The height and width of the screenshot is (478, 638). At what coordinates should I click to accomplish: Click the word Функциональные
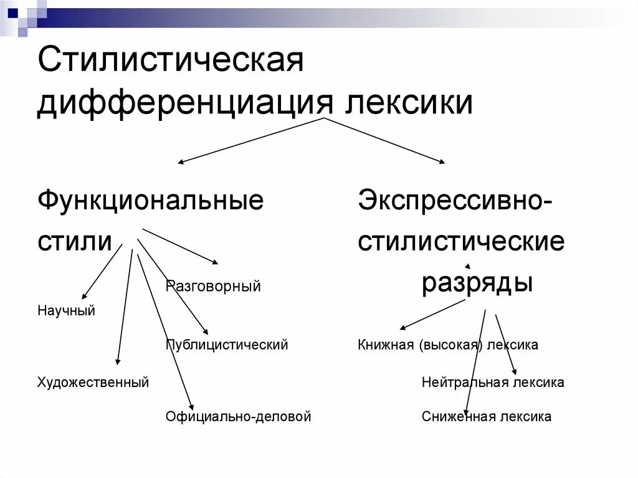pos(150,201)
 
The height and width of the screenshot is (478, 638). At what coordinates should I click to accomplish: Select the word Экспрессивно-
pos(454,201)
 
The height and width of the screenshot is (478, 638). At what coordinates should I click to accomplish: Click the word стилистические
pos(461,241)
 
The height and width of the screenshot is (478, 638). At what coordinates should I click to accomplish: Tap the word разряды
pos(477,283)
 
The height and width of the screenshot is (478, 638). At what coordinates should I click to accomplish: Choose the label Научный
pos(66,310)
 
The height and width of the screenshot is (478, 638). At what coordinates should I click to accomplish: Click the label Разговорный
pos(213,287)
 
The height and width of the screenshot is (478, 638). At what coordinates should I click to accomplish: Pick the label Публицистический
pos(227,345)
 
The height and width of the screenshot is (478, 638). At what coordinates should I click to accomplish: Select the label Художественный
pos(93,382)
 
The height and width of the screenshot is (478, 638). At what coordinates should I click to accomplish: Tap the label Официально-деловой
pos(238,416)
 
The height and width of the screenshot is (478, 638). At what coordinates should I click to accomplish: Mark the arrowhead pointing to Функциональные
pos(181,162)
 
